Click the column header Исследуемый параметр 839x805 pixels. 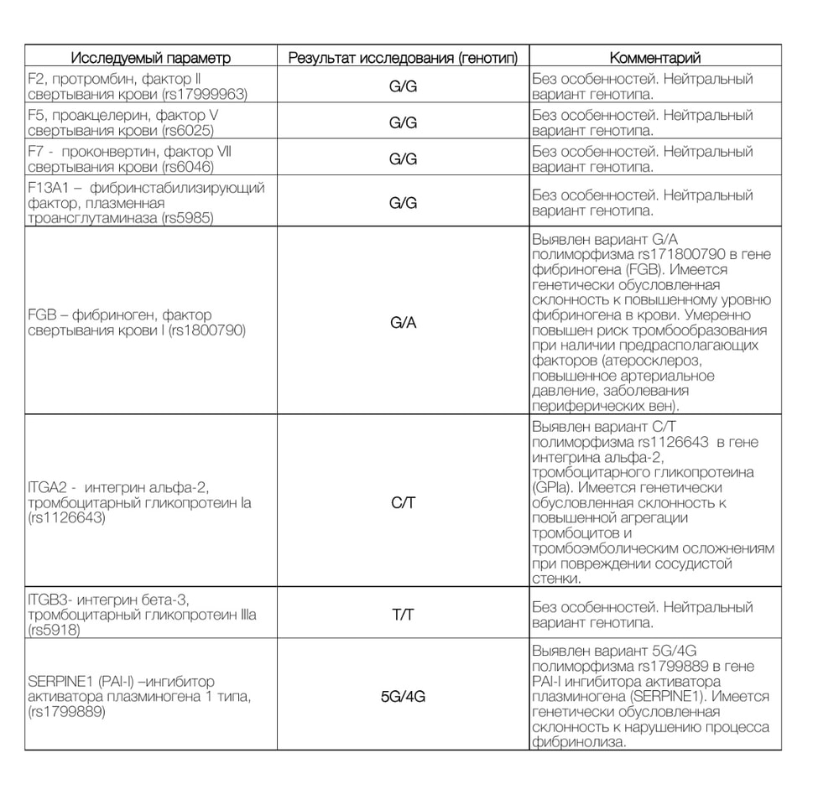click(150, 58)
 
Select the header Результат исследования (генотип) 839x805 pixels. click(404, 58)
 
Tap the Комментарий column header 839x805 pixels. click(655, 58)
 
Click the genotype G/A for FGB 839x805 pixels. click(404, 323)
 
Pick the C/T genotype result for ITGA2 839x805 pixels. click(404, 503)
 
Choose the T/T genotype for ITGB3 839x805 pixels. click(404, 615)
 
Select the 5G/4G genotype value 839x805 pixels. click(404, 696)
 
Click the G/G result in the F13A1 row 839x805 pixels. click(404, 203)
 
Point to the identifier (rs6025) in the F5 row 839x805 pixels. click(188, 130)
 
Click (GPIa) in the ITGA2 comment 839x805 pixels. click(555, 488)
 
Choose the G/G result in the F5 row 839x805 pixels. click(404, 122)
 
